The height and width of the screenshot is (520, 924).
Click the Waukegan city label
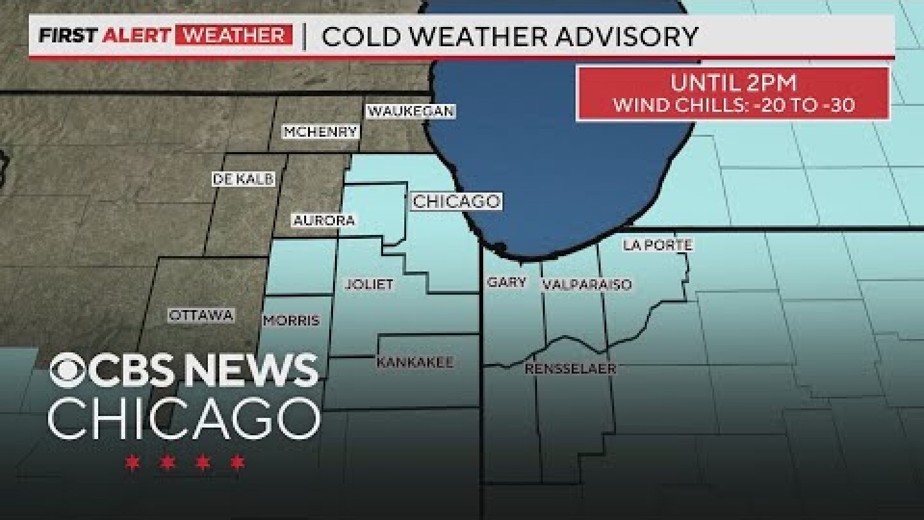coord(411,111)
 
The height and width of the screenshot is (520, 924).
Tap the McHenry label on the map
coord(321,132)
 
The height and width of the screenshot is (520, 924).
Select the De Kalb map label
coord(243,179)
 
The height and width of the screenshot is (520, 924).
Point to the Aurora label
coord(324,220)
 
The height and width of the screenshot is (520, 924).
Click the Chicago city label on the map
coord(456,202)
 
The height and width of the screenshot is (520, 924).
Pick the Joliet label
coord(369,284)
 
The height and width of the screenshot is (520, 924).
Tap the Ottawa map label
coord(201,315)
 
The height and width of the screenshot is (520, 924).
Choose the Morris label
coord(291,320)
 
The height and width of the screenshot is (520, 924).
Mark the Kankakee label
coord(415,362)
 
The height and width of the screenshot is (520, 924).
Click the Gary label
coord(506,282)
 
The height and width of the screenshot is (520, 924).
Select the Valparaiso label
coord(586,284)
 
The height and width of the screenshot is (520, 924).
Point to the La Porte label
coord(658,245)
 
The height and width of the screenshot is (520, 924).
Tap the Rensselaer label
coord(570,368)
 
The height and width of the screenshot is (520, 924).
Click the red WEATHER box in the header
coord(234,35)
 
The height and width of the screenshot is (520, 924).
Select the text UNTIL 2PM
coord(733,83)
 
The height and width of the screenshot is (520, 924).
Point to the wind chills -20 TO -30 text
coord(733,105)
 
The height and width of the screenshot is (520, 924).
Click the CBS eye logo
coord(67,371)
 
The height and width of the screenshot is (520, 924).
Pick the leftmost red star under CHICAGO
coord(133,462)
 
